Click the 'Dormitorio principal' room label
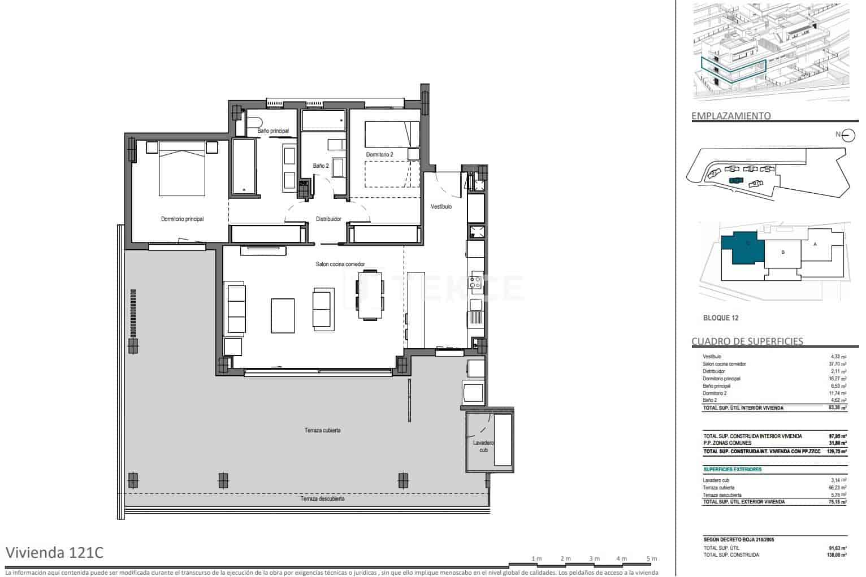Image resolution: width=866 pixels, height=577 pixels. tap(182, 219)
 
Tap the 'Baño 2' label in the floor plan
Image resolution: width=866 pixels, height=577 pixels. tap(321, 166)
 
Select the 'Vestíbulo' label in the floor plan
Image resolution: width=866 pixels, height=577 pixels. tap(441, 207)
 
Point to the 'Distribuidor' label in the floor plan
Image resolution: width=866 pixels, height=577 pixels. tap(328, 219)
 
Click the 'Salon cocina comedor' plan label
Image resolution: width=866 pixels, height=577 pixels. tap(340, 264)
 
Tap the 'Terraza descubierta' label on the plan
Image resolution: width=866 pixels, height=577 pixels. tap(323, 499)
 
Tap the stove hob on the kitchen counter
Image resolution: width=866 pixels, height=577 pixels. tap(476, 283)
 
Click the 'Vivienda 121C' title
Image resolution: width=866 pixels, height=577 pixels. tap(54, 552)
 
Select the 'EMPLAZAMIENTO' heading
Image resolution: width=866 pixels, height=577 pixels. tap(731, 116)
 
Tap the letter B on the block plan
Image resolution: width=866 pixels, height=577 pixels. tap(783, 252)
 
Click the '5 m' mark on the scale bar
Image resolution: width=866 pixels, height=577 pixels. tap(652, 558)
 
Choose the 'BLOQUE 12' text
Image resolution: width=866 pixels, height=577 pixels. tap(721, 318)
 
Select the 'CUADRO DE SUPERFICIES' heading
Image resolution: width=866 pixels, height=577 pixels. tap(747, 341)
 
